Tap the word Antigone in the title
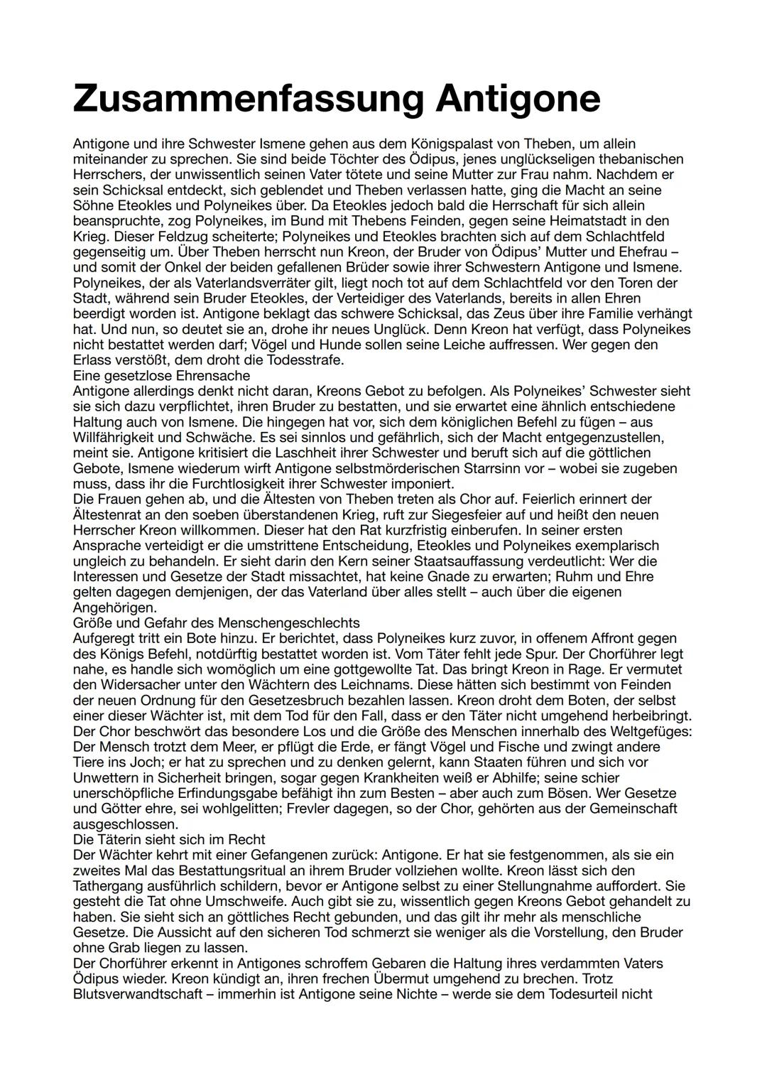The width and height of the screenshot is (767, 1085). tap(518, 98)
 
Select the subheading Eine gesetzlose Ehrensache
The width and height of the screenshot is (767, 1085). tap(161, 376)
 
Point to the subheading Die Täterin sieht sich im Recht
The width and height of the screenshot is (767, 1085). tap(169, 840)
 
